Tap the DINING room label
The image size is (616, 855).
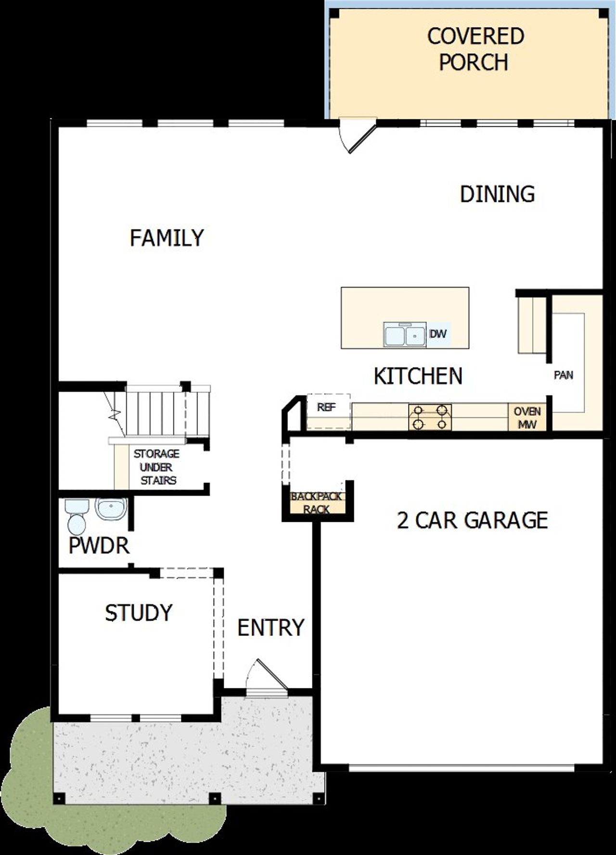point(497,194)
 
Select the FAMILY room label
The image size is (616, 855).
point(167,238)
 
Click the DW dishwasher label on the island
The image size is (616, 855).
point(437,334)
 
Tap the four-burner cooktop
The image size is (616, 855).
point(430,417)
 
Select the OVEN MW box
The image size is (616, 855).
point(527,417)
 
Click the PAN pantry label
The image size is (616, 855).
point(563,375)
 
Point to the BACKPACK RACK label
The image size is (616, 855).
point(316,503)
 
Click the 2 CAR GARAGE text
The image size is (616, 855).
point(472,520)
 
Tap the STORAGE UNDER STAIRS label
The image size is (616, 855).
point(156,467)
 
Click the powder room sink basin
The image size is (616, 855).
point(111,508)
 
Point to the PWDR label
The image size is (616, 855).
point(99,546)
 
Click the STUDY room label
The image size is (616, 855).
point(139,613)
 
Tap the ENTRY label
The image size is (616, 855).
point(271,628)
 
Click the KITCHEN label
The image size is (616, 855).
point(418,376)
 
